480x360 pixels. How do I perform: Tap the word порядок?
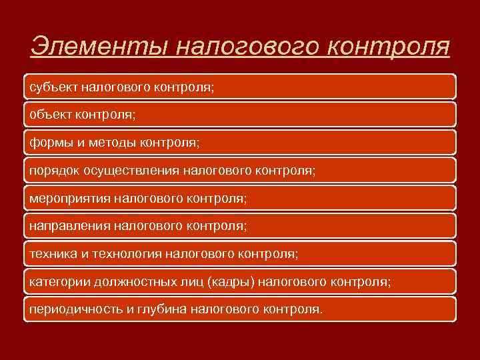[55, 171]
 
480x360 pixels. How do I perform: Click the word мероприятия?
[70, 199]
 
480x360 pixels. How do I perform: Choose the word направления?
[70, 227]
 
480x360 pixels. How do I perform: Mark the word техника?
[51, 255]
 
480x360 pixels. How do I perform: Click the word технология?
[126, 255]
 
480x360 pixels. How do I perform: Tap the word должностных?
[131, 283]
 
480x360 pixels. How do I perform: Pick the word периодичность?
[75, 311]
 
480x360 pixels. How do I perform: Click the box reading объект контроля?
[240, 115]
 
